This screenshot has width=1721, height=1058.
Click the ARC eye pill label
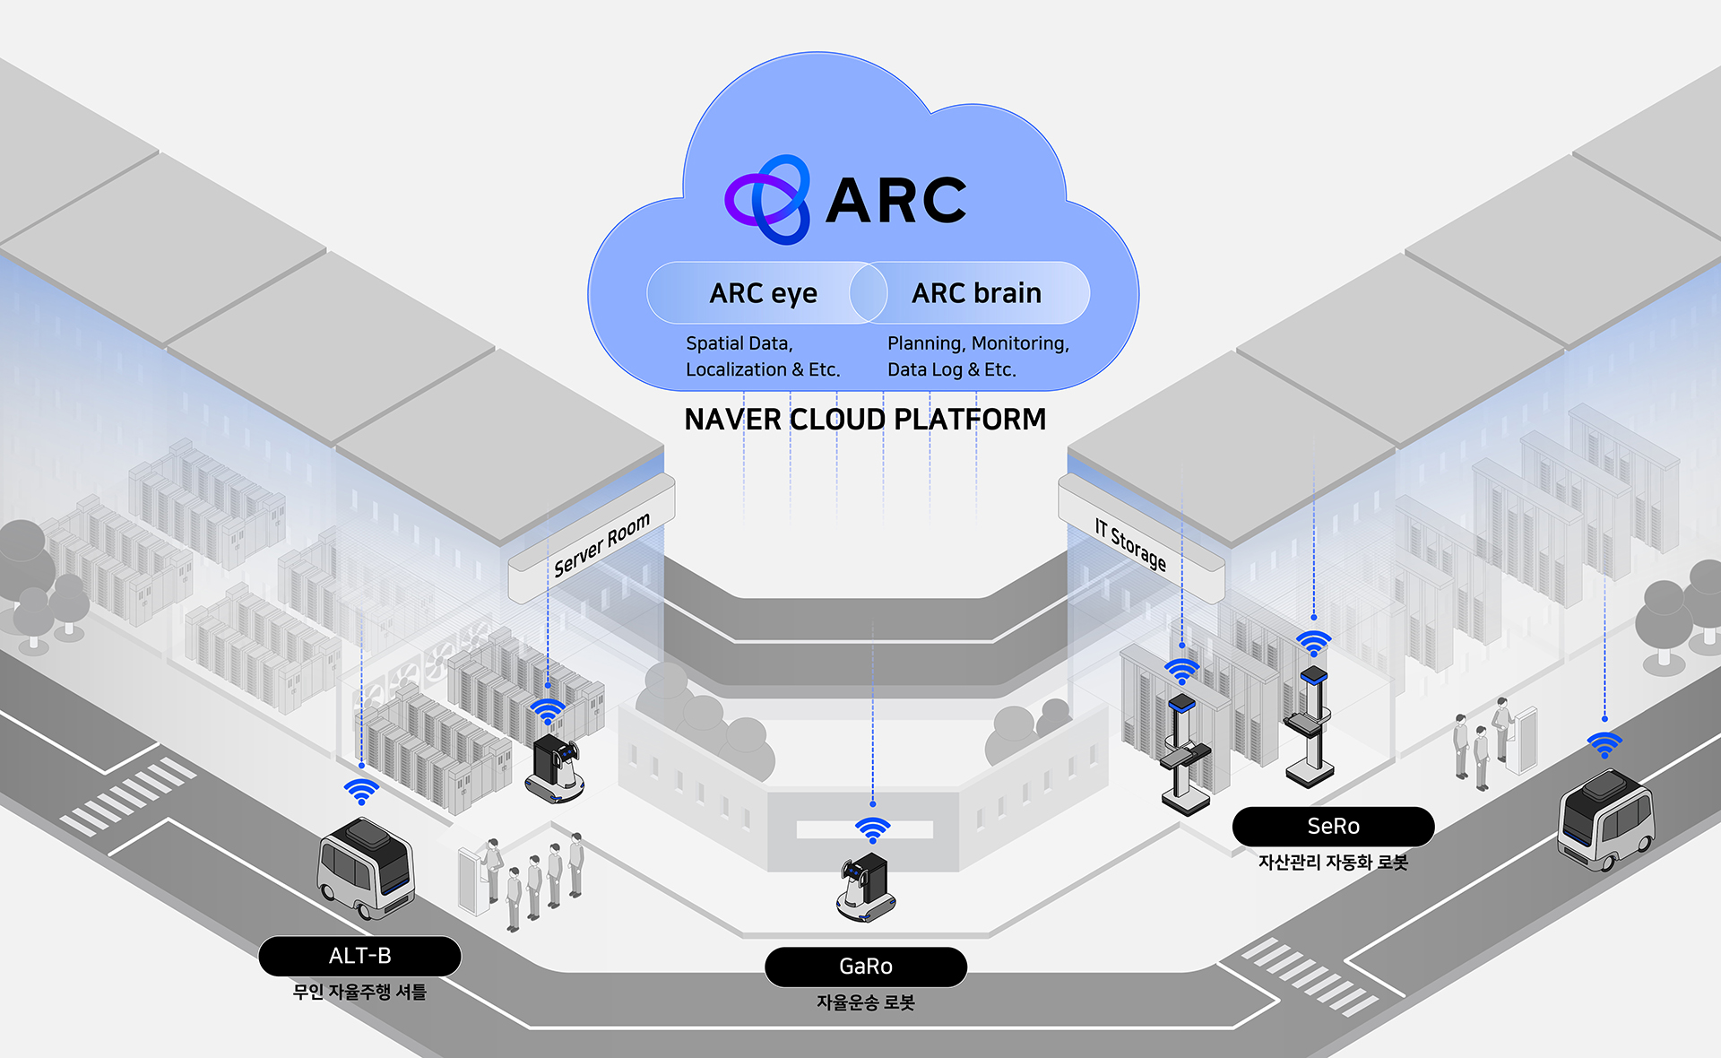pyautogui.click(x=763, y=293)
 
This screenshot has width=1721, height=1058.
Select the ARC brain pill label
pyautogui.click(x=976, y=293)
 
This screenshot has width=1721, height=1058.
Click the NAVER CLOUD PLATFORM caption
pyautogui.click(x=865, y=420)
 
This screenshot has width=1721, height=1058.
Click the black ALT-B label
pyautogui.click(x=359, y=956)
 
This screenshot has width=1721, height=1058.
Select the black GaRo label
pyautogui.click(x=866, y=967)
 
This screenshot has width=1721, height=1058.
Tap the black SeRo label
pyautogui.click(x=1333, y=827)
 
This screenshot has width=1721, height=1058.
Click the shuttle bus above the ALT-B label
pyautogui.click(x=366, y=868)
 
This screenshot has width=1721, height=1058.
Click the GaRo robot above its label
pyautogui.click(x=865, y=887)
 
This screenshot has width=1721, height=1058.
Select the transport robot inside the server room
pyautogui.click(x=555, y=767)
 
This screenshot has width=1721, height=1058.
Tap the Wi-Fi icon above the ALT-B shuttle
pyautogui.click(x=361, y=792)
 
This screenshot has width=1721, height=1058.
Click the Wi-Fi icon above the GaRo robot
pyautogui.click(x=872, y=830)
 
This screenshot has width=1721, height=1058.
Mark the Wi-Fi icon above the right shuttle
pyautogui.click(x=1604, y=745)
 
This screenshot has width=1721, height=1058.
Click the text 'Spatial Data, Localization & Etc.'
pyautogui.click(x=763, y=356)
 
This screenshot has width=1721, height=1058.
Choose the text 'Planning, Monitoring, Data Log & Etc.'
pyautogui.click(x=978, y=356)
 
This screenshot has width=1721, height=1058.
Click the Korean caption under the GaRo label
pyautogui.click(x=866, y=1002)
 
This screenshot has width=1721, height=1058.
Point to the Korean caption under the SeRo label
pyautogui.click(x=1333, y=863)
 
